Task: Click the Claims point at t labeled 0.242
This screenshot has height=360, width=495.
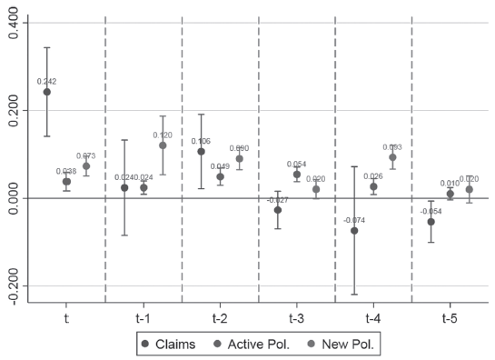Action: (x=47, y=92)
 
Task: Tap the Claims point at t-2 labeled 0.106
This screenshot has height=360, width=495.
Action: (x=201, y=151)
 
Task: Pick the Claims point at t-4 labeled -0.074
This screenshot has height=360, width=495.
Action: (x=354, y=231)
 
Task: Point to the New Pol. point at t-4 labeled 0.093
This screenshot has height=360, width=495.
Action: (x=393, y=157)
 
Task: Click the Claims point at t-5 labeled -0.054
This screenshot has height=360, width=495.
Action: (x=431, y=222)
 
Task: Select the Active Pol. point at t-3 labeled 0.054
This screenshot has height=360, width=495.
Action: (x=297, y=175)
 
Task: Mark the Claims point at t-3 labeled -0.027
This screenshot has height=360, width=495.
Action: (x=278, y=210)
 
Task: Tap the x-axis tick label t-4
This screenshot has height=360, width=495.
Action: (x=373, y=318)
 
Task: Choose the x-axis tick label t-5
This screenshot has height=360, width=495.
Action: (x=450, y=318)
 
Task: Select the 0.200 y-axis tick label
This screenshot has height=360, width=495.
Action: (x=12, y=110)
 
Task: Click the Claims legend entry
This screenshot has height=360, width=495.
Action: (x=177, y=345)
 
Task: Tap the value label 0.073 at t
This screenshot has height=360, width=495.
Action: (x=86, y=156)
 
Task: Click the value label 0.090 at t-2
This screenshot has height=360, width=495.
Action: (x=240, y=148)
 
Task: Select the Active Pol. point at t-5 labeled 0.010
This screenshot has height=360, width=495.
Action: (x=450, y=194)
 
